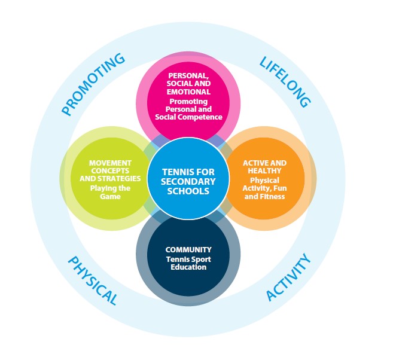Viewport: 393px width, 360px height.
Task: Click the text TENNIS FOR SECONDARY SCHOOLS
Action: [x=188, y=182]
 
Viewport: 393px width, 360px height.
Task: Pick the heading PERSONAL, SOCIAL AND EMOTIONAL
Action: [x=188, y=84]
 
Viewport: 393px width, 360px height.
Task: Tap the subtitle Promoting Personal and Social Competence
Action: [x=188, y=109]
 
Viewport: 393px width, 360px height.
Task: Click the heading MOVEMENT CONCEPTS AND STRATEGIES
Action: [x=110, y=170]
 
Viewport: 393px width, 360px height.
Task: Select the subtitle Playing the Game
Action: [x=110, y=192]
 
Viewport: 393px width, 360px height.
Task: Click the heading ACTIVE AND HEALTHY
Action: [x=264, y=167]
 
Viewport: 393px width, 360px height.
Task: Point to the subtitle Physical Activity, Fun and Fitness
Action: [x=267, y=188]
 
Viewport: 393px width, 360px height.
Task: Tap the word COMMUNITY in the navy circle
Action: [x=188, y=249]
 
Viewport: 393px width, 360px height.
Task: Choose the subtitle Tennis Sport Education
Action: [x=188, y=263]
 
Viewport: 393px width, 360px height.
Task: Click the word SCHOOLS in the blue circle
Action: [x=188, y=191]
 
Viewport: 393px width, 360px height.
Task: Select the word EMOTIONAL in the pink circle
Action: [x=188, y=92]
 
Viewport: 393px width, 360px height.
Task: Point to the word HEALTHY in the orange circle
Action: [x=264, y=171]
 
